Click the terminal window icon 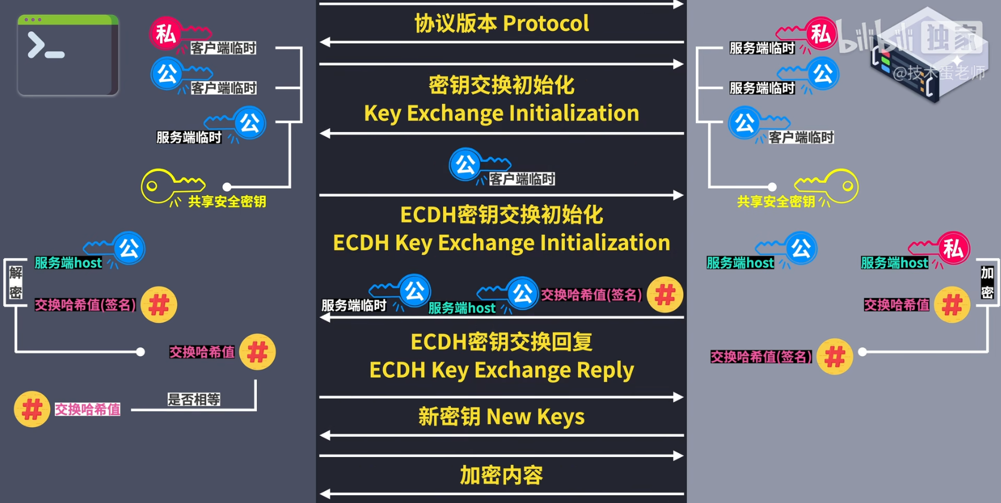(68, 55)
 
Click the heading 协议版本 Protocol (502, 23)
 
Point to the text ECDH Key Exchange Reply (502, 370)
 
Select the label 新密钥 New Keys (502, 416)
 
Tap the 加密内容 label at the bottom (502, 475)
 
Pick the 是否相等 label (194, 400)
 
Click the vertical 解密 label (16, 283)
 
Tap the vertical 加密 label (987, 283)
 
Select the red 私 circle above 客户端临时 (165, 34)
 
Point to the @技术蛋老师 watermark (938, 73)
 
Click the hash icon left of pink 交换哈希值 (32, 409)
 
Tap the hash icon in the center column (665, 295)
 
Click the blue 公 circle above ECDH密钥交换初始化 (465, 164)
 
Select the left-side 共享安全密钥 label (227, 201)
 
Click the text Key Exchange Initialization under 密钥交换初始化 (502, 113)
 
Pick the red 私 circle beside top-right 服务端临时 (821, 34)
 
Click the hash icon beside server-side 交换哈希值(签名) (834, 357)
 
